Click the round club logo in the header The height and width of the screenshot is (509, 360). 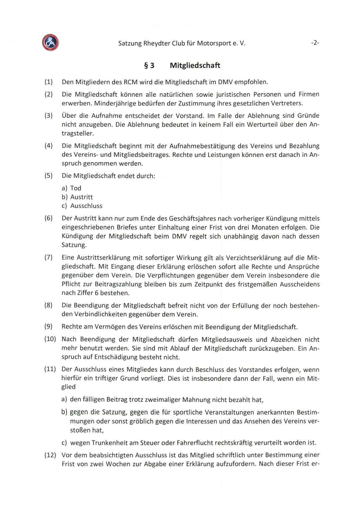coord(50,42)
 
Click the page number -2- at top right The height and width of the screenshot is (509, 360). coord(315,43)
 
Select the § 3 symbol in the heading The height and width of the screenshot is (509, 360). coord(149,66)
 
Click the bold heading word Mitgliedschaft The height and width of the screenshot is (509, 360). coord(195,66)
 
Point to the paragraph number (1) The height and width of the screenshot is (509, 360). coord(49,82)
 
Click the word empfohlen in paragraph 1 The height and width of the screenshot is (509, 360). coord(251,82)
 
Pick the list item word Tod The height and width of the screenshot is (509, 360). coord(76,188)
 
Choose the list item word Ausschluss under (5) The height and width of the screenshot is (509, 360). coord(86,206)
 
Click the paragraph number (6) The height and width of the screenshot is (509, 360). coord(49,218)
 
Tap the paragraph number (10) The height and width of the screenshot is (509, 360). coord(50,339)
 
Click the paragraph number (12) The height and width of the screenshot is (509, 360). coord(50,456)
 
